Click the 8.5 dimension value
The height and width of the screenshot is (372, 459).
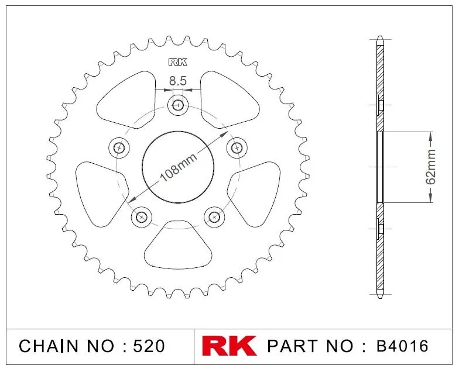pos(178,81)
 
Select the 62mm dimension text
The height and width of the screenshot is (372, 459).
pos(430,167)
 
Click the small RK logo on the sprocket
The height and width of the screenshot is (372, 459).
pos(178,62)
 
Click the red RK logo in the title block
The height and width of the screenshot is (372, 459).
pos(229,346)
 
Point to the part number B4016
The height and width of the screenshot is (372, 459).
pos(402,346)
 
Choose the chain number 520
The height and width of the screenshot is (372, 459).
pos(149,346)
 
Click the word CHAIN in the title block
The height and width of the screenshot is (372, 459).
pos(49,346)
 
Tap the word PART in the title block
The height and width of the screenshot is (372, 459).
pos(293,346)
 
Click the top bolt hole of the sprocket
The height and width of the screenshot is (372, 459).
pos(178,105)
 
